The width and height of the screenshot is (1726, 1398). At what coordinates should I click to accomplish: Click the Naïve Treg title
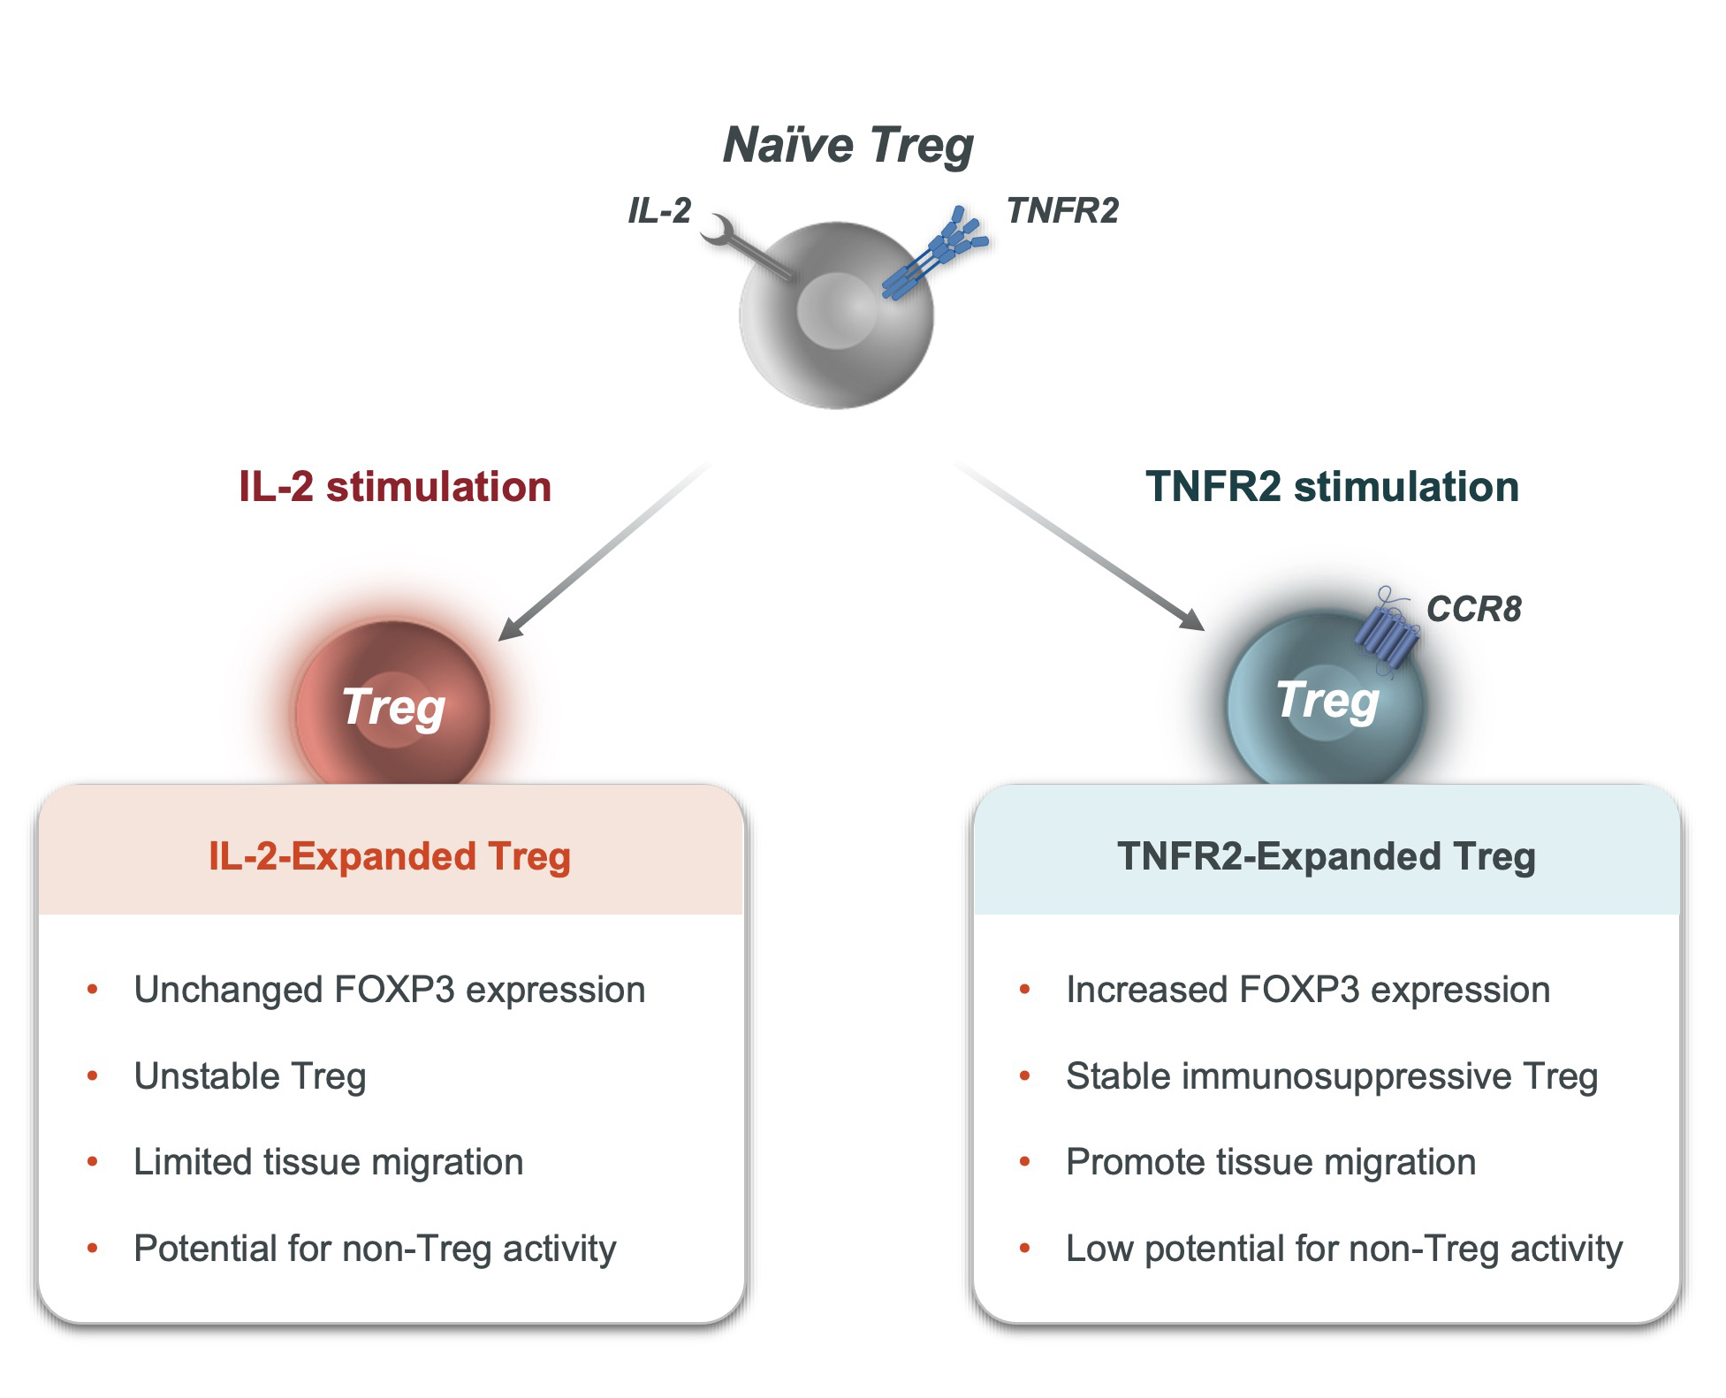click(x=848, y=146)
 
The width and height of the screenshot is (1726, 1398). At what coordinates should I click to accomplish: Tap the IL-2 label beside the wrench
click(x=659, y=211)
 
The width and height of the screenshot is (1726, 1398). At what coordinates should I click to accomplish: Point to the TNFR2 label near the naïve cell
click(x=1062, y=211)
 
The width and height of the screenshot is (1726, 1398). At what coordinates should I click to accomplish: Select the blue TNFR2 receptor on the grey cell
click(x=935, y=254)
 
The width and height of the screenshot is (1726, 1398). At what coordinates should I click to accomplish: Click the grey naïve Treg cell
click(x=836, y=315)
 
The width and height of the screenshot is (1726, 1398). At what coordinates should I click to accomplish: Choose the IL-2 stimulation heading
click(x=395, y=487)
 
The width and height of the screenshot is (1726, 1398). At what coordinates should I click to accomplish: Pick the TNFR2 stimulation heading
click(x=1332, y=487)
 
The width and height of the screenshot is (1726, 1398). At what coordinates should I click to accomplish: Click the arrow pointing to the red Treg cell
click(x=604, y=551)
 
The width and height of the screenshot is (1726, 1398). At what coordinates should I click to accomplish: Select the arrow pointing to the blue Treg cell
click(x=1079, y=545)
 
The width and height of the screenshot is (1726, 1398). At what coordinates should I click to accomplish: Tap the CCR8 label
click(x=1474, y=609)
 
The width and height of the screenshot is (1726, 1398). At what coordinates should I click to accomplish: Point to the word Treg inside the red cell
click(x=393, y=709)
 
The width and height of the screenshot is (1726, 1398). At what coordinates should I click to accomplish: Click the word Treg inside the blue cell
click(x=1327, y=702)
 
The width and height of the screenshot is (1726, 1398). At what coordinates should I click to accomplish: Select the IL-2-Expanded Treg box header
click(x=390, y=856)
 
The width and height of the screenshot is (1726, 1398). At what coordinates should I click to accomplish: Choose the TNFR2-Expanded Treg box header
click(x=1327, y=856)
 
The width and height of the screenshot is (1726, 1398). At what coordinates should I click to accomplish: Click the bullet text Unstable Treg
click(x=250, y=1076)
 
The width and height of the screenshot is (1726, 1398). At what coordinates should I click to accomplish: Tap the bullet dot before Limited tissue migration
click(x=93, y=1162)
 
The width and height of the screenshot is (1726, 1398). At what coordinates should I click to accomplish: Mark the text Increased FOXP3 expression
click(x=1308, y=990)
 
